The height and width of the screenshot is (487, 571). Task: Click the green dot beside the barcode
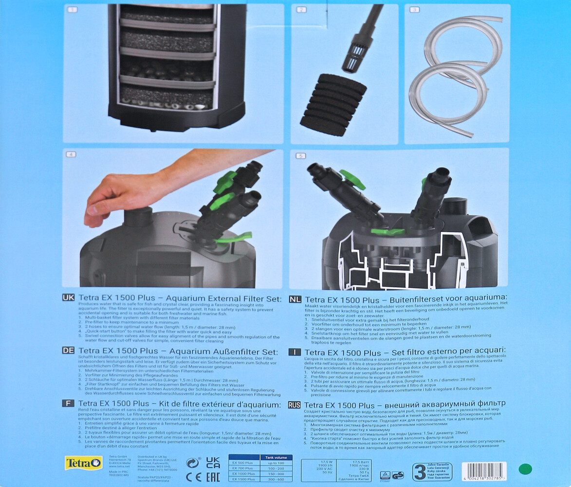[525, 469]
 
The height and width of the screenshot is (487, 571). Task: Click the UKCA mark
[213, 463]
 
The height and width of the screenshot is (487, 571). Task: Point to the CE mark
[193, 477]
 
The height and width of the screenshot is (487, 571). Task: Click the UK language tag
[68, 298]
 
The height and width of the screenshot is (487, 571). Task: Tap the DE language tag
[68, 351]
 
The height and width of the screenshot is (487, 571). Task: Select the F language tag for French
[68, 404]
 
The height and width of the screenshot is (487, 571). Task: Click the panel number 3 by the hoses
[415, 9]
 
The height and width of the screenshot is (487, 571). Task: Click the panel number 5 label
[300, 156]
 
